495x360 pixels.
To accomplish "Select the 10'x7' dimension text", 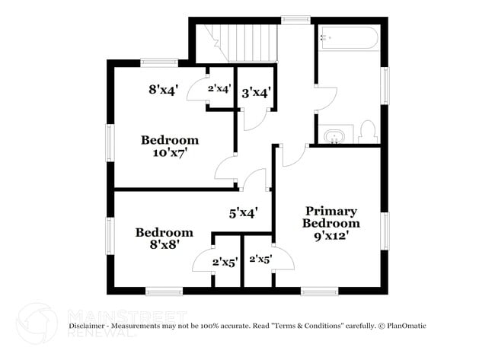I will [x=169, y=152].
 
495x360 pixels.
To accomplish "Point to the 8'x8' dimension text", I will [x=164, y=245].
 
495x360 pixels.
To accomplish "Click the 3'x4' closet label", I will [x=257, y=94].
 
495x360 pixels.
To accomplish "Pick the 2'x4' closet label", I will [x=219, y=88].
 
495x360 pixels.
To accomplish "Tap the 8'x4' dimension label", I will [x=163, y=89].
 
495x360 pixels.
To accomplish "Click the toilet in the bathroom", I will [x=368, y=132].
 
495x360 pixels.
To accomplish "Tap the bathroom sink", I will [x=334, y=137].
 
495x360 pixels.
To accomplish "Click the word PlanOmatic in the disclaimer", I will [x=405, y=326].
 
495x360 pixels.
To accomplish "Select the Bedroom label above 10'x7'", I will [x=169, y=140].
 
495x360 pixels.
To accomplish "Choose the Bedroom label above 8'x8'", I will [x=164, y=233].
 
